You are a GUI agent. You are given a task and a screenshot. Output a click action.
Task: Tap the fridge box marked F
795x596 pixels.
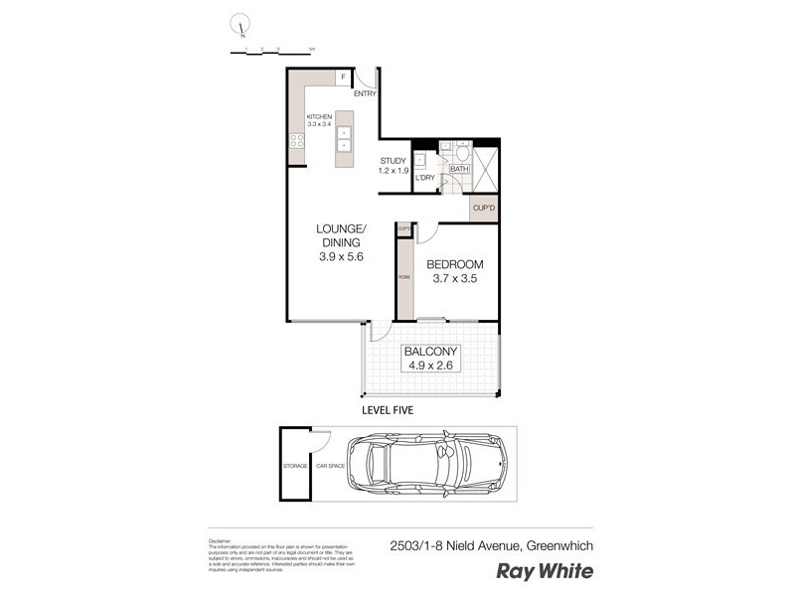[343, 76]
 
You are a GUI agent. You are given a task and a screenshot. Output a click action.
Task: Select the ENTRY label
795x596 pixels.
[365, 94]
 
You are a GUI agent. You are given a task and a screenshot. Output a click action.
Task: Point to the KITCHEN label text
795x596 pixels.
[318, 117]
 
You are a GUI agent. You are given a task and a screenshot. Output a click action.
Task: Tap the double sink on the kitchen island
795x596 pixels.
[344, 137]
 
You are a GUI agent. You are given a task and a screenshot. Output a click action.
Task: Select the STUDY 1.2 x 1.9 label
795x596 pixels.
[394, 165]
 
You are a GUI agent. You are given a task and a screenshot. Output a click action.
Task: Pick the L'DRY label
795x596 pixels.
[425, 178]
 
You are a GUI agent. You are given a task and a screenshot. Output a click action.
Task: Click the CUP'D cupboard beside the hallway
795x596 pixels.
[483, 209]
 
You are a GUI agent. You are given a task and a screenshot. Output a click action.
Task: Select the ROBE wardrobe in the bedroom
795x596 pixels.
[404, 277]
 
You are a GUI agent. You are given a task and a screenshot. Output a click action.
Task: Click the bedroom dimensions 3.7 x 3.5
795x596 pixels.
[454, 280]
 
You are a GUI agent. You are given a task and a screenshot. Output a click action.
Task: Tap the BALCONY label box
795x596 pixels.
[430, 359]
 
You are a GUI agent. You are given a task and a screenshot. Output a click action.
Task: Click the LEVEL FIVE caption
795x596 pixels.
[387, 409]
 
